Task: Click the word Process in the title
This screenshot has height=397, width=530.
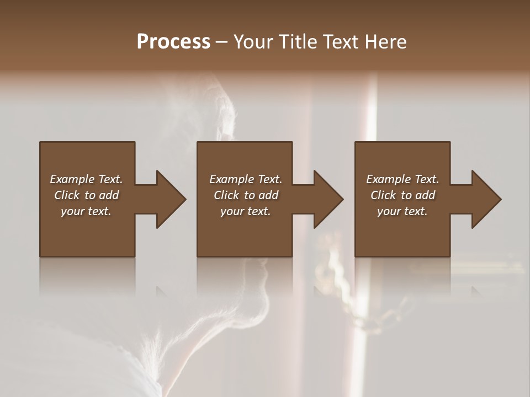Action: [173, 42]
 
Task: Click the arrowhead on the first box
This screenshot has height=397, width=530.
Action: [171, 199]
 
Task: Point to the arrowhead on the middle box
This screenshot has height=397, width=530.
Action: [329, 199]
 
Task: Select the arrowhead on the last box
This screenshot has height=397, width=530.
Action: [486, 199]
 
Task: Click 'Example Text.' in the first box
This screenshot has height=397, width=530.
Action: [86, 179]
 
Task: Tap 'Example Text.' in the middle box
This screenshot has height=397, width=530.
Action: [246, 179]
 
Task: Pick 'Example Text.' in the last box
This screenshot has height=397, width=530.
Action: [402, 179]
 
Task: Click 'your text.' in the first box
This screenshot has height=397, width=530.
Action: [86, 211]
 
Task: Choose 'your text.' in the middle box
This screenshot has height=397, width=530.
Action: [246, 211]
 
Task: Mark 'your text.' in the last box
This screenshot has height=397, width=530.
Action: [402, 211]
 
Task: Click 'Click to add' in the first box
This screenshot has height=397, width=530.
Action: [86, 195]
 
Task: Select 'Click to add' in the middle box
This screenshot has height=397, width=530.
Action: [246, 195]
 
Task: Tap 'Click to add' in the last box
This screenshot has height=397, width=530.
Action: [402, 195]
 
